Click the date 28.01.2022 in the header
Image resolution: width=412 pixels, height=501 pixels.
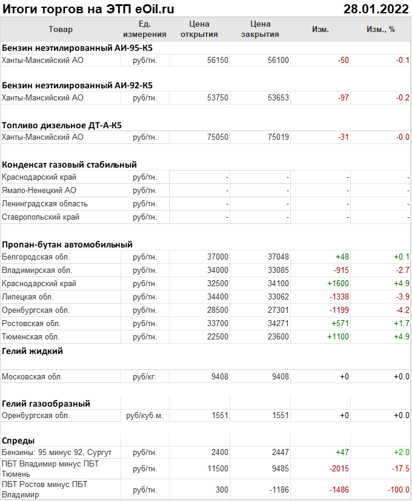(375, 8)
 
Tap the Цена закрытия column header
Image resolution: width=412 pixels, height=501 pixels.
(260, 29)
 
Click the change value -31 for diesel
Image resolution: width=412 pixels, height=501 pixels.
(344, 137)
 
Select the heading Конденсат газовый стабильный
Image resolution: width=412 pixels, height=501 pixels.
(69, 164)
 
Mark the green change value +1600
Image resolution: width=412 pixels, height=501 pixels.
(338, 283)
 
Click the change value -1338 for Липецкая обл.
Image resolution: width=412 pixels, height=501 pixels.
(339, 296)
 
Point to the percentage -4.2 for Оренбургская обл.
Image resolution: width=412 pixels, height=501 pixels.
(402, 310)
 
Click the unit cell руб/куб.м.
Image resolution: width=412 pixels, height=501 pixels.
(145, 416)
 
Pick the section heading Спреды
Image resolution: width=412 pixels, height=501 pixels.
(18, 440)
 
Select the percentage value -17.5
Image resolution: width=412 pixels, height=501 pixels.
(400, 468)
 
